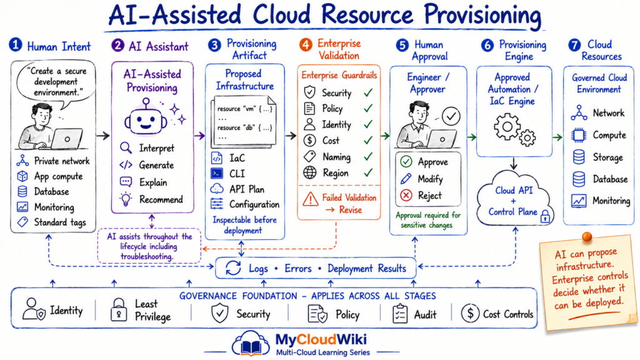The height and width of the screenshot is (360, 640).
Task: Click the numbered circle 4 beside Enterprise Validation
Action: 305,44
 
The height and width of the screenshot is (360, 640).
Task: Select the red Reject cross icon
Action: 406,196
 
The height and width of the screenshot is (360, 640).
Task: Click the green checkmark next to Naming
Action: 368,156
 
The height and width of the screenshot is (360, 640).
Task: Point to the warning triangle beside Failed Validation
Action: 311,199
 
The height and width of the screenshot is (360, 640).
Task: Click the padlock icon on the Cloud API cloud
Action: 545,216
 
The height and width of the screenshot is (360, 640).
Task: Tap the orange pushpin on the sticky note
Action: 587,237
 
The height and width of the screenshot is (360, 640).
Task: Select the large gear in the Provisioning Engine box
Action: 507,126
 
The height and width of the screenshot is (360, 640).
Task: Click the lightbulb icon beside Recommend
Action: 126,199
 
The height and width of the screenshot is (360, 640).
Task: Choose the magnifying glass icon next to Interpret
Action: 126,147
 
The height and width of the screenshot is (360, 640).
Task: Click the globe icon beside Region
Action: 310,173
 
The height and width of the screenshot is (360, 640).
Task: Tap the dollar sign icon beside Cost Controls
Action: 470,314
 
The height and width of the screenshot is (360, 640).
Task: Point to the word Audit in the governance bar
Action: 425,315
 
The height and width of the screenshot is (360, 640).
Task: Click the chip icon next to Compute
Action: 578,135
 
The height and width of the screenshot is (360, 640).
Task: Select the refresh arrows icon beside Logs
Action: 233,268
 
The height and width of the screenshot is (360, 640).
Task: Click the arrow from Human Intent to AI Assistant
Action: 103,136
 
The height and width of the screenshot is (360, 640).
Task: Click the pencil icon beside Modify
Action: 406,179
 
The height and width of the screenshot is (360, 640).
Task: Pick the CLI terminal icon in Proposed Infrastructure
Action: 217,174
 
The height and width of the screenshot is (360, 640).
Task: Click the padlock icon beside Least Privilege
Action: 119,310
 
